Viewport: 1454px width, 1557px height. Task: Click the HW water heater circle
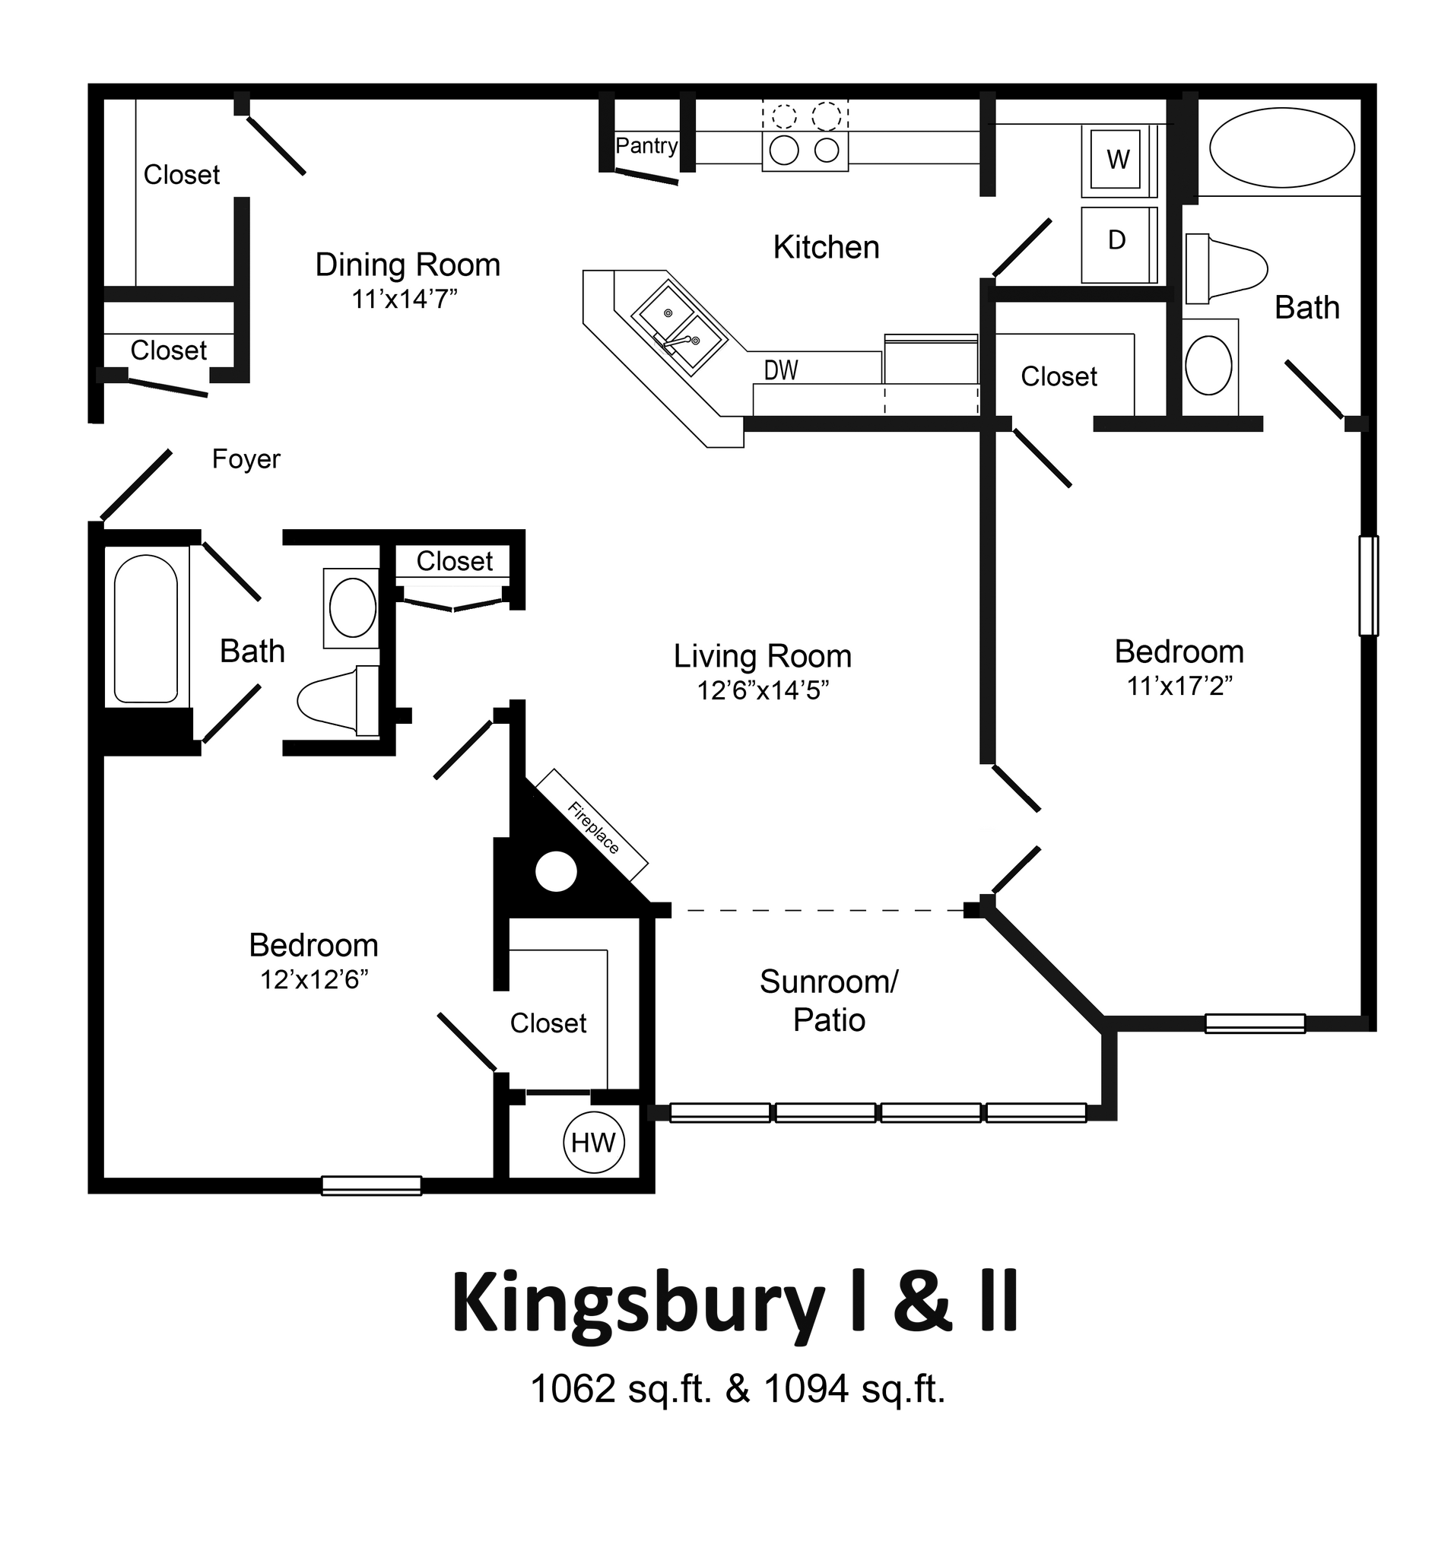tap(594, 1143)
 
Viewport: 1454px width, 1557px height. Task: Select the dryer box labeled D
tap(1116, 239)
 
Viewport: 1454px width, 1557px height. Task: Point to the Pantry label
tap(646, 146)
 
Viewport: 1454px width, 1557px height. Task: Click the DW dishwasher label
tap(781, 369)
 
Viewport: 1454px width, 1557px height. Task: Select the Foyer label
tap(246, 459)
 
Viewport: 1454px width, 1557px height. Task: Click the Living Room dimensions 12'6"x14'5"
tap(762, 690)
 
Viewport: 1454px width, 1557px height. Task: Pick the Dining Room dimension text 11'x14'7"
tap(405, 300)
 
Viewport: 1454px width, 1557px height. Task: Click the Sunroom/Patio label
tap(829, 1000)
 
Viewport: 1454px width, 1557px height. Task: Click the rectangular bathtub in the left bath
tap(146, 628)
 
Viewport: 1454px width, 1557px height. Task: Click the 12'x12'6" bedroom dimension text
tap(314, 979)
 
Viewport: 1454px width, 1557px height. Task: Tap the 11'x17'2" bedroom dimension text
tap(1179, 686)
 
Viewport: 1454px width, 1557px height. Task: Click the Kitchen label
tap(826, 248)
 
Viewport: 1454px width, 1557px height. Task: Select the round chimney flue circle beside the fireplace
tap(556, 871)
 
